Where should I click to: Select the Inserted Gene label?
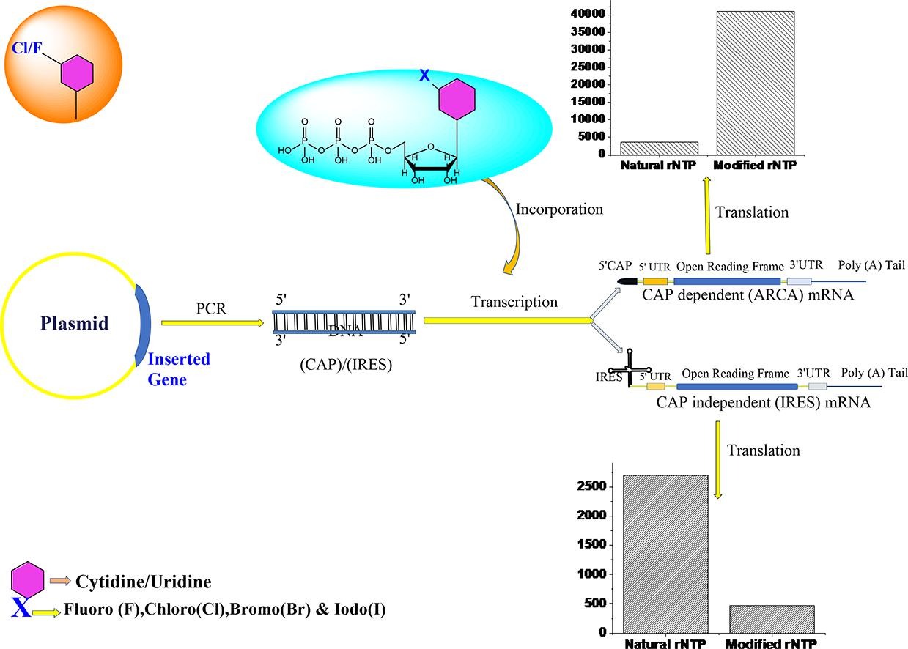pos(179,369)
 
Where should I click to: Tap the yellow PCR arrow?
pos(210,322)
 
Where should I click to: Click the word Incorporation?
pos(559,209)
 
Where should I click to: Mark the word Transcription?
pos(514,302)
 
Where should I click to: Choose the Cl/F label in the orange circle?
pos(25,48)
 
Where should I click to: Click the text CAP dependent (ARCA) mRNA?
pos(748,296)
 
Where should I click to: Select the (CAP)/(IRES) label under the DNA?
pos(346,363)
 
